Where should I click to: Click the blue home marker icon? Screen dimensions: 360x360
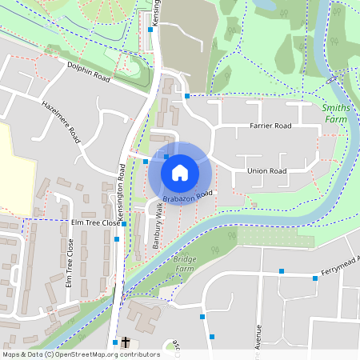tap(180, 172)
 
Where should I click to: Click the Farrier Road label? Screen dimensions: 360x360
tap(270, 126)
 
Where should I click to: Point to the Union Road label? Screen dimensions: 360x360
tap(266, 170)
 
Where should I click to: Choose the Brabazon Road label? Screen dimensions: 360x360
tap(187, 194)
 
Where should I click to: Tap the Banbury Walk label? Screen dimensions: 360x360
tap(158, 229)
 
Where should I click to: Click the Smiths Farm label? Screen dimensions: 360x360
tap(337, 113)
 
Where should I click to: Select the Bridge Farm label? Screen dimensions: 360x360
tap(185, 265)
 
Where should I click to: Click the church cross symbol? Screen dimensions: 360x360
tap(125, 341)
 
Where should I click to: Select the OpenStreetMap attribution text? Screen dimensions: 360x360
tap(81, 354)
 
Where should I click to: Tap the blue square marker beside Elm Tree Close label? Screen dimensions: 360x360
tap(124, 224)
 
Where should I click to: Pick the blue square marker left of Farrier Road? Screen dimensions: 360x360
tap(186, 96)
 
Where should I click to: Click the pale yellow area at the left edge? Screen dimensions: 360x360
tap(16, 168)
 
